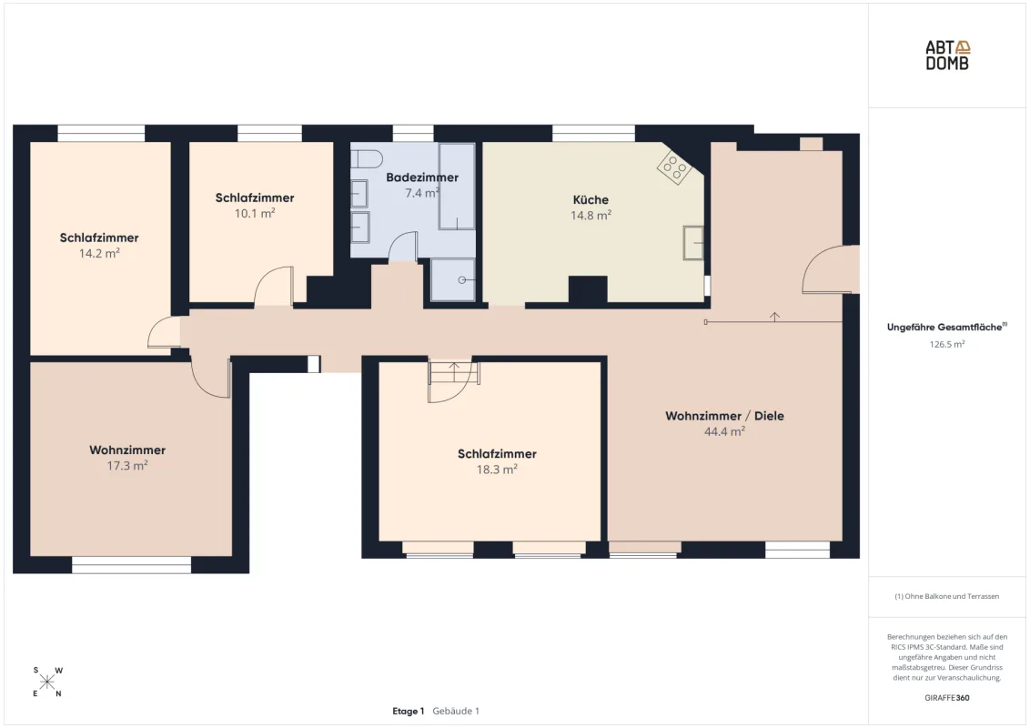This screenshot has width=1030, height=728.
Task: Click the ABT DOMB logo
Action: [x=947, y=56]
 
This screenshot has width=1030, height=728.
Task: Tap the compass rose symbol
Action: [x=47, y=682]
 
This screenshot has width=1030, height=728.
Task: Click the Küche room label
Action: [x=591, y=199]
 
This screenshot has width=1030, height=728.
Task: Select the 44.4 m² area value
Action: [x=724, y=431]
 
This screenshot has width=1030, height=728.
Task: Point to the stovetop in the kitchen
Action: [x=674, y=167]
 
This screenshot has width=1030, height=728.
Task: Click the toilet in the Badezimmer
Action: [x=367, y=159]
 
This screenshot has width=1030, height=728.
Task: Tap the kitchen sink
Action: [x=693, y=243]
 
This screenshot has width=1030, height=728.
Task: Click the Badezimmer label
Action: [x=422, y=177]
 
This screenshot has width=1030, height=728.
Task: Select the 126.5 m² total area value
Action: [x=947, y=344]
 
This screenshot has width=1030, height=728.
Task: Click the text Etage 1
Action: [x=409, y=711]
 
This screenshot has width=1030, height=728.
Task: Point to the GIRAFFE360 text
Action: [x=947, y=698]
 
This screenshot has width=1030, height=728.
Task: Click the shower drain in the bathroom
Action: [x=462, y=280]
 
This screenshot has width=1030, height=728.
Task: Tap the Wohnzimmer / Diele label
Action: [x=724, y=416]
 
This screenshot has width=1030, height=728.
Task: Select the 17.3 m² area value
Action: [x=127, y=466]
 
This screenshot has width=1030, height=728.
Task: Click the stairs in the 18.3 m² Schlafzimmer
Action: [x=453, y=372]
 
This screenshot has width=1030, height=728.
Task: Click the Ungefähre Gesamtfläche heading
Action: [x=944, y=328]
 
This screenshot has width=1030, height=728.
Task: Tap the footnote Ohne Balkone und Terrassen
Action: [x=947, y=597]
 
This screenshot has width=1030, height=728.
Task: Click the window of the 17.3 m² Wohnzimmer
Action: [x=131, y=565]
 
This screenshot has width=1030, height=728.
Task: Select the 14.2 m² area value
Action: [x=99, y=254]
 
